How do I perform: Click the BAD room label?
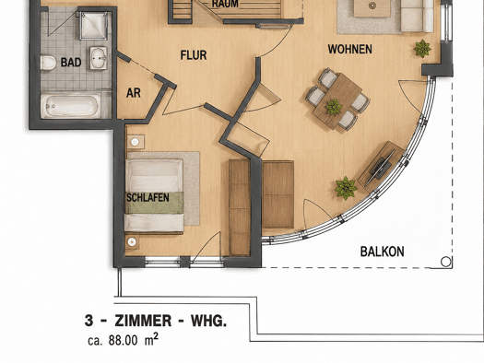coord(71,63)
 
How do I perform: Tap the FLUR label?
coord(194,55)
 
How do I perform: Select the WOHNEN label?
coord(350,50)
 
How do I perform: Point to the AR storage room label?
coord(134,93)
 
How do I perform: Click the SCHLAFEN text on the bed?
coord(148,198)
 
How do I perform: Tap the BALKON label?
coord(383,252)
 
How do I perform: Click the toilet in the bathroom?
coord(48,63)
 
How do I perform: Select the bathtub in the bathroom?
coord(71,106)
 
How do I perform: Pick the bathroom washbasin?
coord(99,58)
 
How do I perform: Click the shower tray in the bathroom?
coord(94,26)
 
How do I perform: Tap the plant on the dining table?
coord(334,107)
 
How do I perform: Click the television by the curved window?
coord(380,169)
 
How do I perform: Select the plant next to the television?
coord(346,188)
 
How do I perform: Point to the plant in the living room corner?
coord(422,49)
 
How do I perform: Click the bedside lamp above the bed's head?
coord(135,142)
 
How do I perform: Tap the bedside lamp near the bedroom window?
coord(132,242)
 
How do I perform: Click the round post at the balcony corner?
coord(445,262)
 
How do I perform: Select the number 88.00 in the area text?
coord(123,340)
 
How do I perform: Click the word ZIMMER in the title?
coord(143,321)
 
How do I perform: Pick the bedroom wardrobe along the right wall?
coord(239,207)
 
